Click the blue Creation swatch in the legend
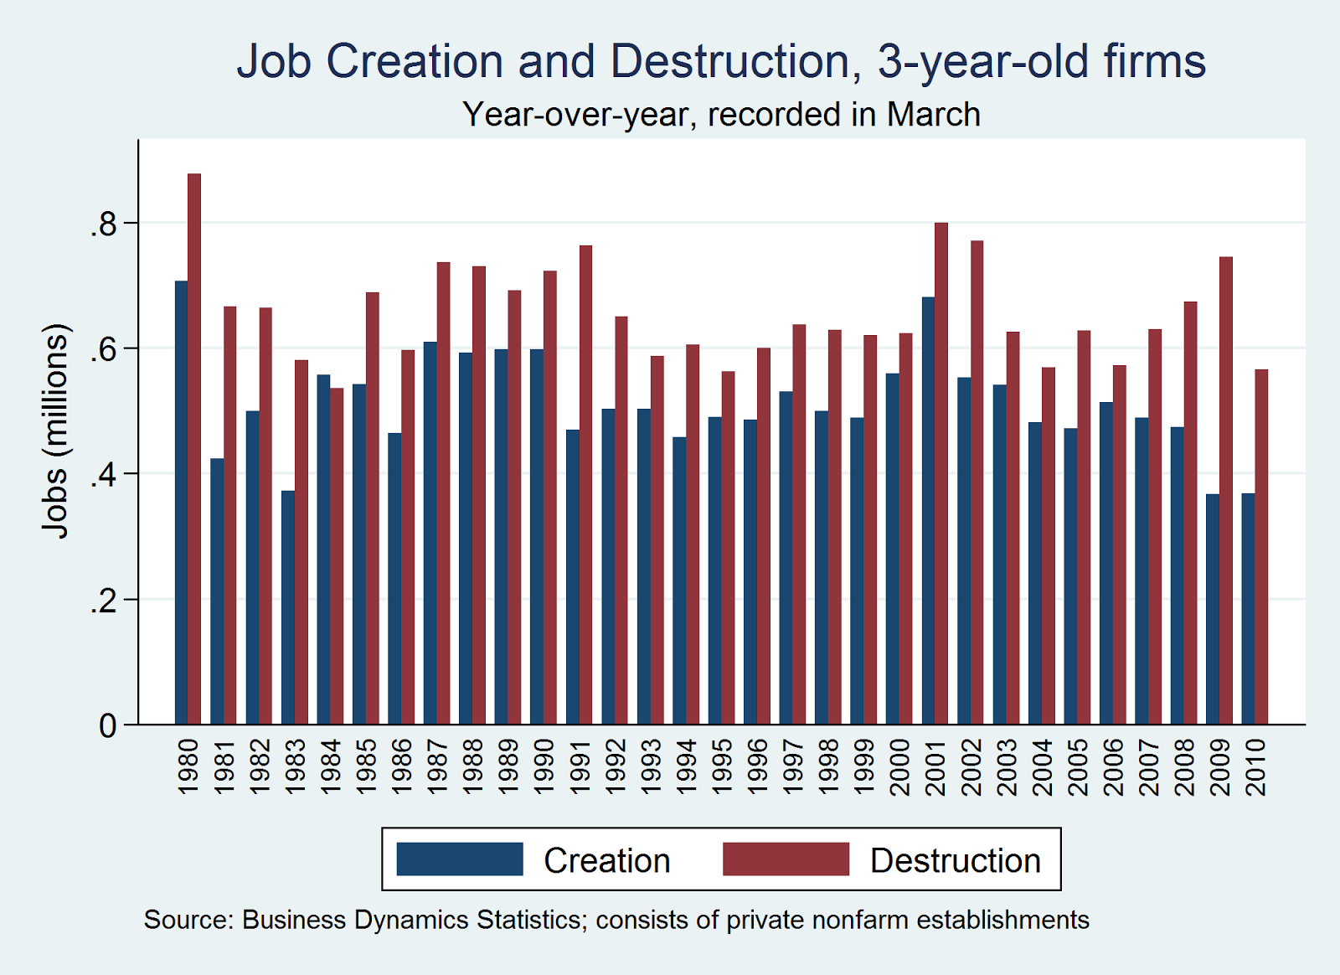click(x=460, y=859)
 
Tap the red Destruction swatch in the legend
click(x=786, y=859)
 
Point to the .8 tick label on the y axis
click(x=103, y=224)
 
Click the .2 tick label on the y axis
click(x=103, y=601)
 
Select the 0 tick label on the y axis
click(x=108, y=725)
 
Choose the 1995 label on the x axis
click(x=721, y=766)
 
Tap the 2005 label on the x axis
click(x=1077, y=766)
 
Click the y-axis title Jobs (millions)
click(x=55, y=431)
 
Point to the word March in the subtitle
click(x=934, y=115)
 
